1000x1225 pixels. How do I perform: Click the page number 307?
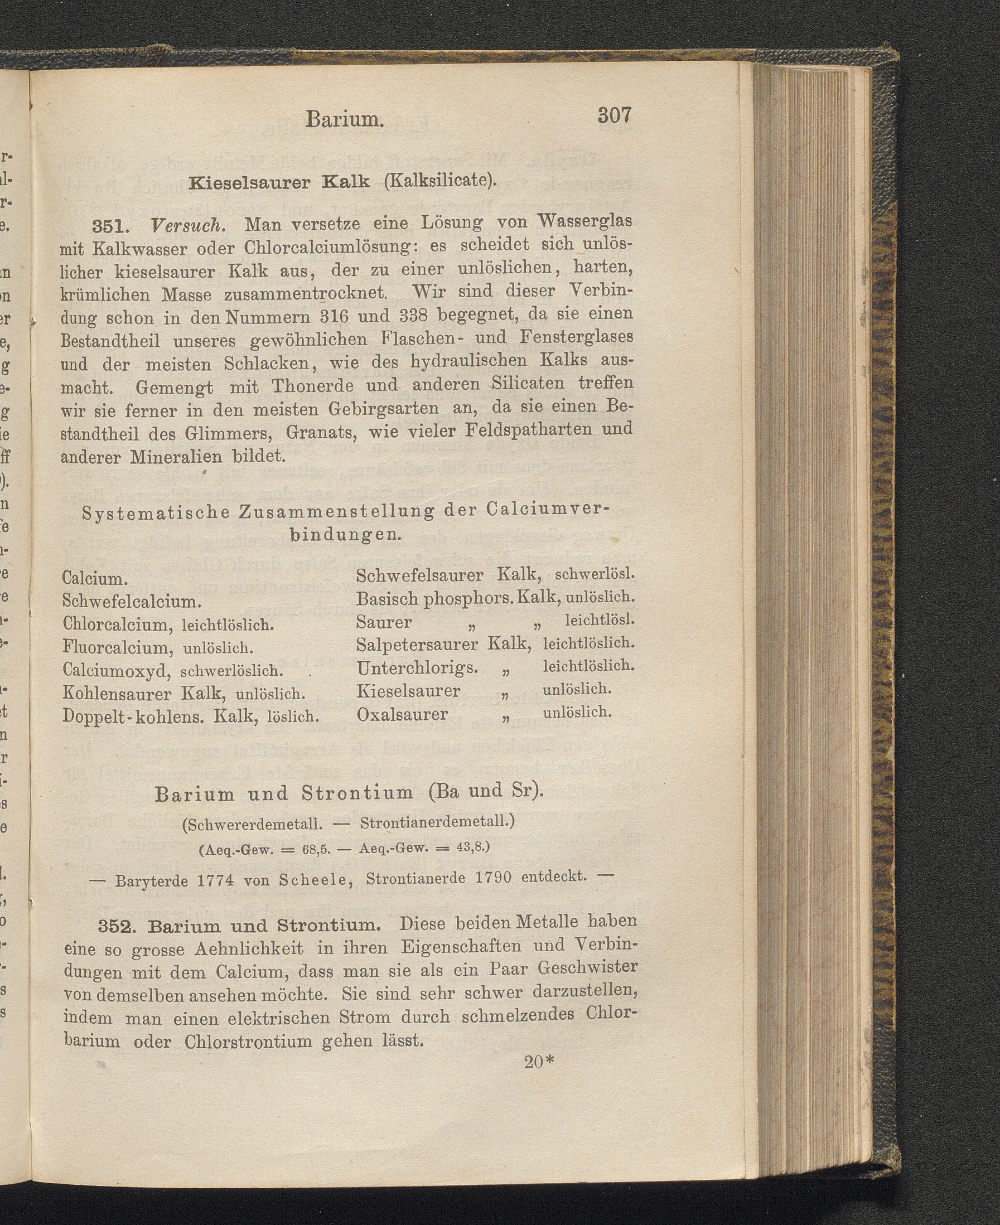click(x=615, y=116)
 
